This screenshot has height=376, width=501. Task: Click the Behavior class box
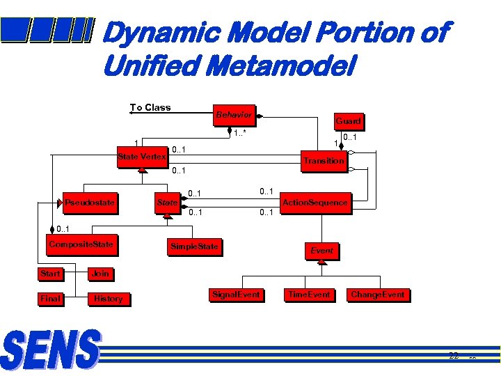(234, 115)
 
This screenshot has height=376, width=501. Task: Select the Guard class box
(348, 120)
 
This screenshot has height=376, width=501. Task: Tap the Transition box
(323, 160)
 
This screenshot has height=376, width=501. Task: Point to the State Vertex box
(141, 157)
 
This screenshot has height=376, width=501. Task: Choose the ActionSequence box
(314, 203)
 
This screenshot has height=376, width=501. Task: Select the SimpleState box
(194, 246)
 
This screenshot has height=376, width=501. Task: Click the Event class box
(321, 251)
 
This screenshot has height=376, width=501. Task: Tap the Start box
(50, 274)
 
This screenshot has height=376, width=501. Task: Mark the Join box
(101, 274)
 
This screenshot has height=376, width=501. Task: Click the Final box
(50, 299)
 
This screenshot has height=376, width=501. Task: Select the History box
(108, 299)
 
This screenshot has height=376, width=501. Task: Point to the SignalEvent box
(236, 295)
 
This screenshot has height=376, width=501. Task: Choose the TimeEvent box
(309, 295)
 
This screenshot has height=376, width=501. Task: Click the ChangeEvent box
(377, 295)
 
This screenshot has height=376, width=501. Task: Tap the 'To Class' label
(150, 107)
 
